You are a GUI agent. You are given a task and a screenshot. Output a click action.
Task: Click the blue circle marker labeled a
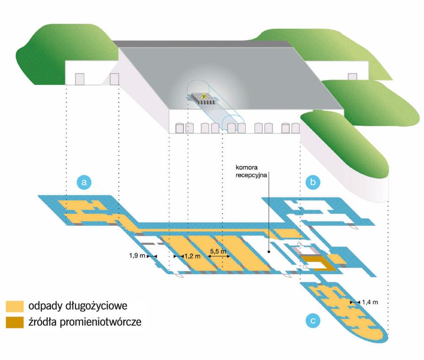83,183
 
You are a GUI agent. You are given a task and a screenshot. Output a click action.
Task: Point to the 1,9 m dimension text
137,256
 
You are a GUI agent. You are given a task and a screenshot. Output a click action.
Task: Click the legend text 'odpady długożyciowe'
74,306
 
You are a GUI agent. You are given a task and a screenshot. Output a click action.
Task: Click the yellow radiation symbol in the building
204,96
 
